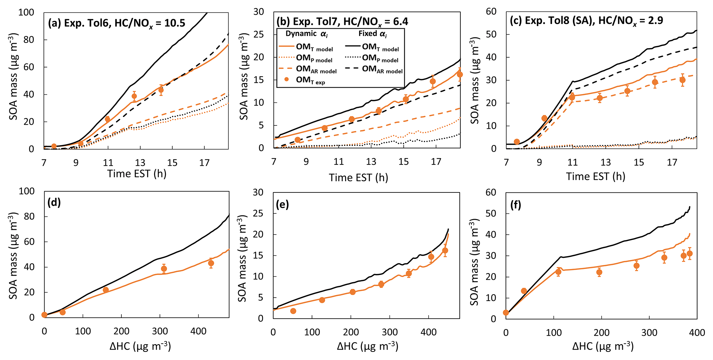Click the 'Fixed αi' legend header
373,34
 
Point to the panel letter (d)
54,202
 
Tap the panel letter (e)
282,204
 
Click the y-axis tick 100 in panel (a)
26,12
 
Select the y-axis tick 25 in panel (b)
258,34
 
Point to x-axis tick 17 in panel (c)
672,162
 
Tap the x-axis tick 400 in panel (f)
697,333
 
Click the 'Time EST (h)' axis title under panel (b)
359,177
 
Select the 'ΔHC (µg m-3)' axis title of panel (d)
140,346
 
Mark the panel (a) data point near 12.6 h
134,96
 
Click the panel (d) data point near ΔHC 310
164,269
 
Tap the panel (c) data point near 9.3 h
544,118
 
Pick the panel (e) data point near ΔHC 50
293,311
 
